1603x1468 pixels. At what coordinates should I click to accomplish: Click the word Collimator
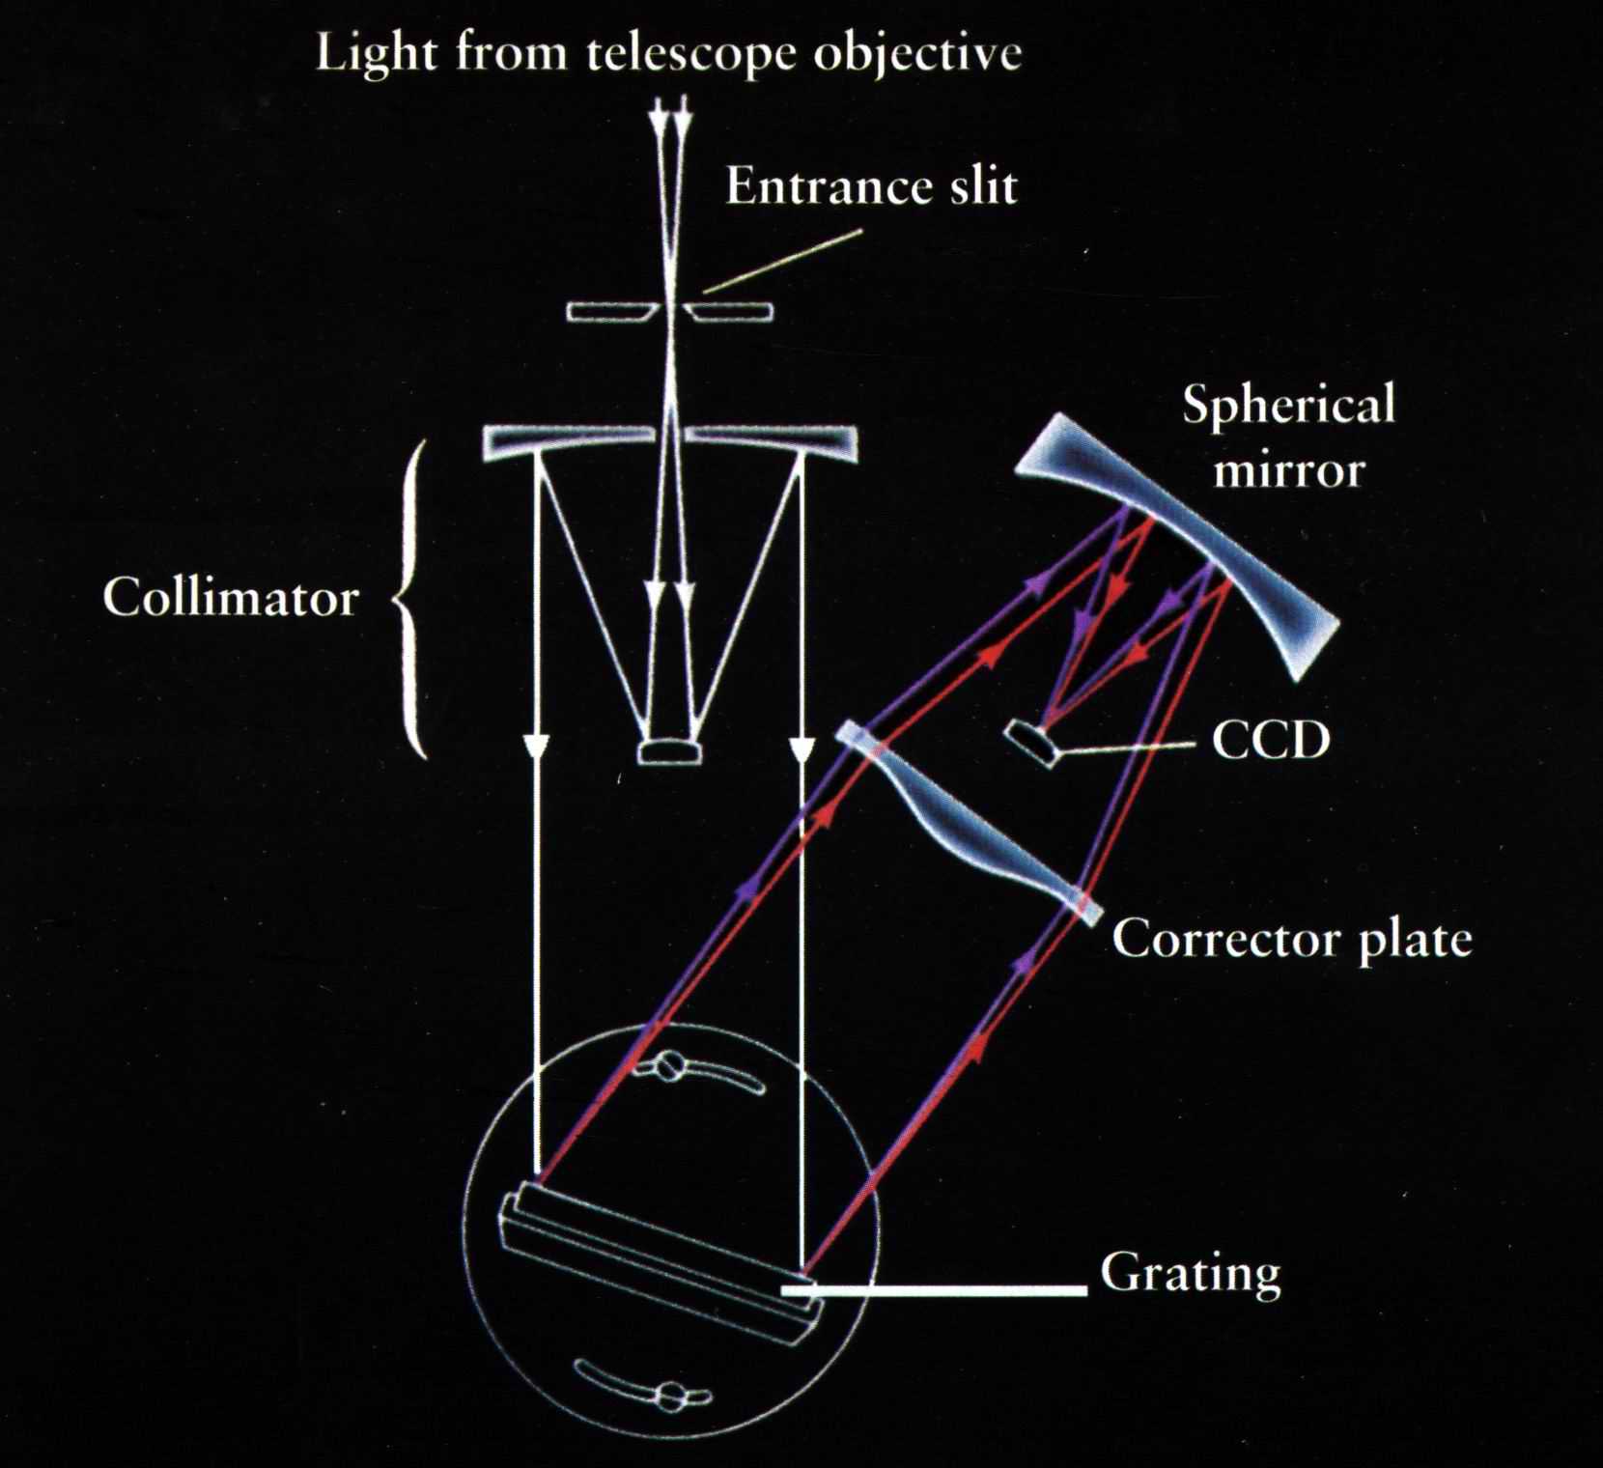231,598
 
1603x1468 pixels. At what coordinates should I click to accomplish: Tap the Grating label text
1190,1274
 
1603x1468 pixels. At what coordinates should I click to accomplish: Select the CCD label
1271,741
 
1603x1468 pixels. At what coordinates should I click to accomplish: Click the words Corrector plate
1291,939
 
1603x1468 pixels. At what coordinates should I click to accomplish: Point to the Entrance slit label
871,186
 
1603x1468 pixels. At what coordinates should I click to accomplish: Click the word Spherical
1288,405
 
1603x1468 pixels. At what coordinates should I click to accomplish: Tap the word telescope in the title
690,53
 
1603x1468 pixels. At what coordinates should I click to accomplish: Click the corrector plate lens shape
966,821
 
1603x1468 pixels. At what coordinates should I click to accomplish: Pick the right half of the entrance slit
729,312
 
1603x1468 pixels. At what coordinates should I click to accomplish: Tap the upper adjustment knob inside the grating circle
669,1067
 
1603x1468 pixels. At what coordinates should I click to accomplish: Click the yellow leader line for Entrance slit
782,260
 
